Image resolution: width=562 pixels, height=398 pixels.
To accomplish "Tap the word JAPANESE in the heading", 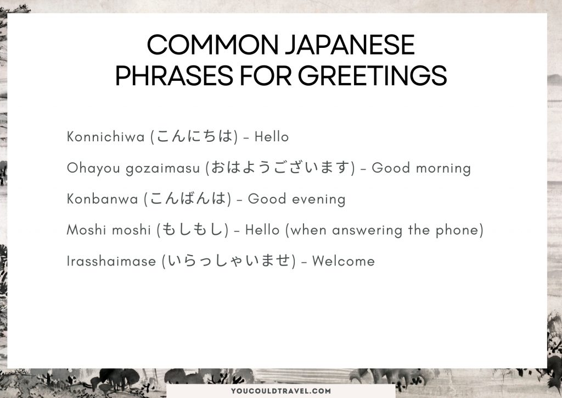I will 349,46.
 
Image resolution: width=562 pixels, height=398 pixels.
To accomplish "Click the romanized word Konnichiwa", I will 106,137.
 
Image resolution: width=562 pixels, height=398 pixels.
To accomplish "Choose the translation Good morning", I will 421,168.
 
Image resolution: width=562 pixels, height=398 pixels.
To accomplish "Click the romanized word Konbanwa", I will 102,199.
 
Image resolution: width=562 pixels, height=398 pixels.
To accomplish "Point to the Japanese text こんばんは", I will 187,199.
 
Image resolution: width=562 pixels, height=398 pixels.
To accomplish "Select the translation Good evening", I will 296,199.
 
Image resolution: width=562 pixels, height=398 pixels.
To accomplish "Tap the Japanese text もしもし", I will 193,230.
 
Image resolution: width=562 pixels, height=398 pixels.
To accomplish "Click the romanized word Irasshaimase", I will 111,262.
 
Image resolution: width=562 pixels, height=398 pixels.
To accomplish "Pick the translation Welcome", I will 343,262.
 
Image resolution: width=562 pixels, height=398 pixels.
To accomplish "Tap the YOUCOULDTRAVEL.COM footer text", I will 280,391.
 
